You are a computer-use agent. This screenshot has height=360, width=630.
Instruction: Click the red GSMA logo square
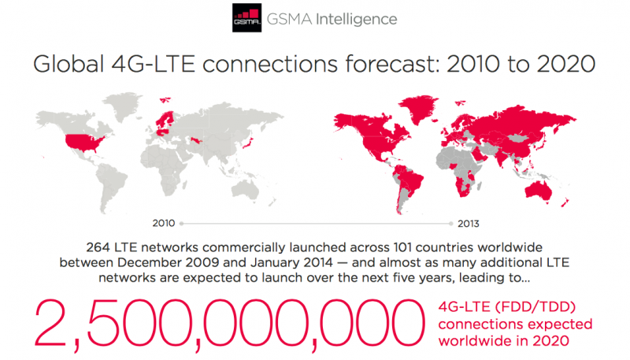coord(246,18)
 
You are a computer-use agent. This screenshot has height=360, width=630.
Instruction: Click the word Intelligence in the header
coord(357,19)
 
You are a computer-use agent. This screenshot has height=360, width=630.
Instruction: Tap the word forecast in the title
coord(388,64)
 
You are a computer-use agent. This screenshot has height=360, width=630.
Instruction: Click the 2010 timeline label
coord(164,223)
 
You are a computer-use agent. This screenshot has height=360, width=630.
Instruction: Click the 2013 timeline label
coord(469,224)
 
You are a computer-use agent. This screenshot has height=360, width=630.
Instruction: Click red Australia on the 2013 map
coord(539,190)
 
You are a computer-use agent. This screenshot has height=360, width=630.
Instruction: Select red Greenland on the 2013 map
coord(418,109)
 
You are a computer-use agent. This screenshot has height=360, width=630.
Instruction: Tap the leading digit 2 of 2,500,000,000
coord(50,323)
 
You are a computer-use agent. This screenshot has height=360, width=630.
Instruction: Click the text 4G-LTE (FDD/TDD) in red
coord(507,307)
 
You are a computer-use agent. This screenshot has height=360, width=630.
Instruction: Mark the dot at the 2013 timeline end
coord(451,224)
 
